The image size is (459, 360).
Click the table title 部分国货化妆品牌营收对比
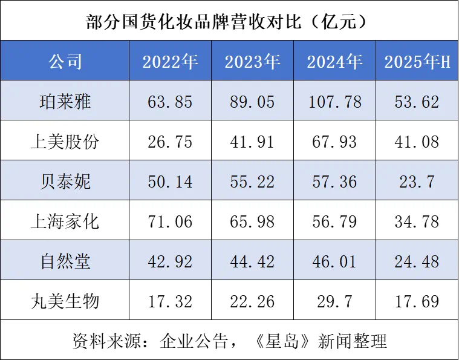[x=229, y=21]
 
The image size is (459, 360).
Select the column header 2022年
[x=170, y=61]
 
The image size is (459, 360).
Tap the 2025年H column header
[x=417, y=61]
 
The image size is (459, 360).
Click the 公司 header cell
[x=65, y=61]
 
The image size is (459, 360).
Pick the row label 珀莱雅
[x=65, y=101]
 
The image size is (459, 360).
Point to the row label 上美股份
[x=65, y=141]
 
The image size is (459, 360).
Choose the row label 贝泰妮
[x=65, y=181]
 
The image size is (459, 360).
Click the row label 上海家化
[x=65, y=221]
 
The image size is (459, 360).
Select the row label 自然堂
[x=65, y=261]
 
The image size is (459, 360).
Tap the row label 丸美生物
[x=65, y=301]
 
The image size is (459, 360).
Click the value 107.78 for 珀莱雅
[x=334, y=101]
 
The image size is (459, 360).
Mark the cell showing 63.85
[x=170, y=101]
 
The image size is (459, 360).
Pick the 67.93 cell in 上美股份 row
[x=334, y=141]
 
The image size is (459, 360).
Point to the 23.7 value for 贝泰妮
[x=417, y=181]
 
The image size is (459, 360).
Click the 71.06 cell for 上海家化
[x=170, y=221]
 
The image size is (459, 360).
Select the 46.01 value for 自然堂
[x=334, y=261]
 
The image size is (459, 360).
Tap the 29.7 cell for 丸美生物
[x=334, y=301]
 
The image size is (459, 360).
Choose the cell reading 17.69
[x=417, y=301]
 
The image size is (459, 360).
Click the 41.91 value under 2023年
[x=252, y=141]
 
